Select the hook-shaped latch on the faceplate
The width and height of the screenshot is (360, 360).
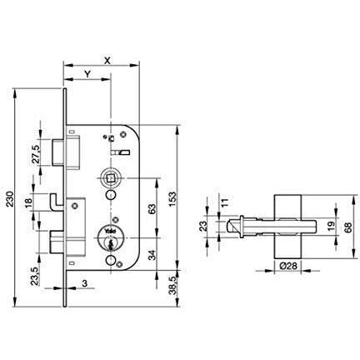coord(54,204)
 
